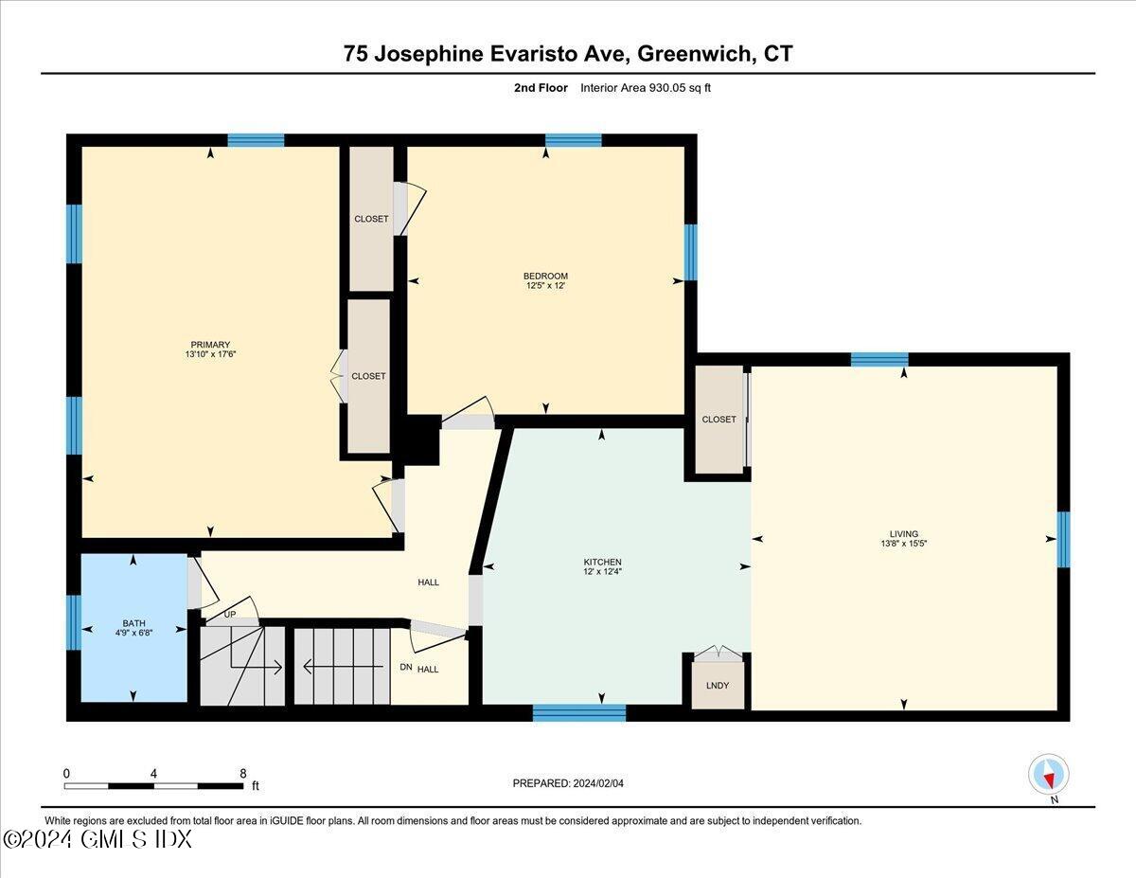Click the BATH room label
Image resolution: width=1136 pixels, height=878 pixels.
click(x=133, y=623)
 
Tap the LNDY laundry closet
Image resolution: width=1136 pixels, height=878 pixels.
click(x=718, y=685)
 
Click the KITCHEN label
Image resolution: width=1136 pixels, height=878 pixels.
click(x=602, y=562)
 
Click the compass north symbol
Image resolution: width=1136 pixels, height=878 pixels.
click(x=1048, y=775)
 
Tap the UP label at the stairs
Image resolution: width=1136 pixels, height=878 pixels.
click(x=229, y=615)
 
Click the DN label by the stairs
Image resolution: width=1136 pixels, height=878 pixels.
click(x=405, y=669)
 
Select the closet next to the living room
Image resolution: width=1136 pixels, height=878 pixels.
click(x=719, y=419)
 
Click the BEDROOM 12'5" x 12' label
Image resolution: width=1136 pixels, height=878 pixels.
click(x=546, y=280)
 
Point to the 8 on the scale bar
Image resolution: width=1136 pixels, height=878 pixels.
click(x=244, y=773)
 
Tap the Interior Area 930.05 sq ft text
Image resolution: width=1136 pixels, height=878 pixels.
click(x=645, y=88)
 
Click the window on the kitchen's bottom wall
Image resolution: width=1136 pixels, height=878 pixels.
click(x=579, y=712)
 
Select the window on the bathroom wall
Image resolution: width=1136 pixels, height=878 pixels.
click(x=73, y=622)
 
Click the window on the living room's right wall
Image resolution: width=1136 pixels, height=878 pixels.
click(x=1063, y=539)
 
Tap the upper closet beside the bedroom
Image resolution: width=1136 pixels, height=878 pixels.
click(x=371, y=219)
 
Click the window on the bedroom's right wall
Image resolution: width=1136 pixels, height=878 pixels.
click(x=690, y=252)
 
